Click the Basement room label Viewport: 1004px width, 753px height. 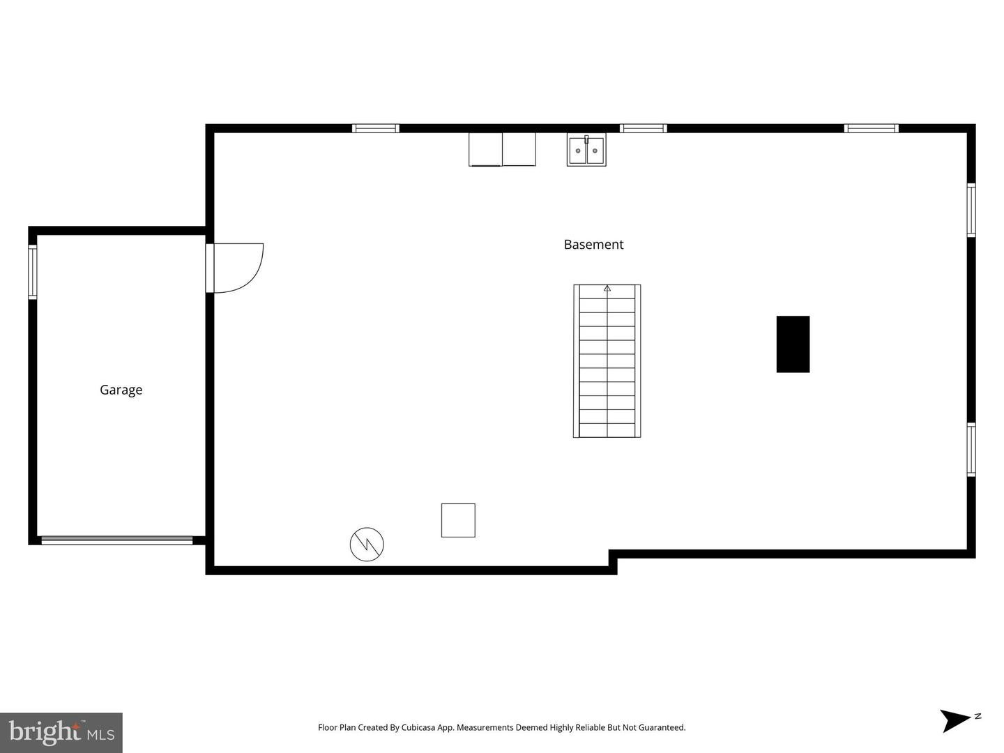[x=593, y=245]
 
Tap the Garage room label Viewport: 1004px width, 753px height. [x=121, y=390]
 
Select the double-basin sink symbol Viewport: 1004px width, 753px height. [x=586, y=149]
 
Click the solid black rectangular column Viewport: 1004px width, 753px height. [x=793, y=344]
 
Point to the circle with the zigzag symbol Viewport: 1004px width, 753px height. [x=366, y=544]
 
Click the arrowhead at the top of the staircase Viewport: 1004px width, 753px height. [x=607, y=288]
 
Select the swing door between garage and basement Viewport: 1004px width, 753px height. [x=234, y=268]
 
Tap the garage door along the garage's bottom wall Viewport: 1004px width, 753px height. [x=117, y=540]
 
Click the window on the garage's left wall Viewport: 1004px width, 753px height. [x=33, y=272]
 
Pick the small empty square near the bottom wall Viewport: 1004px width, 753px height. [x=458, y=520]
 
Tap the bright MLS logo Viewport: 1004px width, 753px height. [x=61, y=732]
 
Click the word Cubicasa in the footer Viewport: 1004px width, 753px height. [x=418, y=727]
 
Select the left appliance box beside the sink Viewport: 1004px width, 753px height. [x=485, y=149]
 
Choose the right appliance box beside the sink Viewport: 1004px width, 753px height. [x=519, y=149]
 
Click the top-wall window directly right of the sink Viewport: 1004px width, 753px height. [x=643, y=128]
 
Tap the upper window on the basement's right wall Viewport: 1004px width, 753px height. [x=971, y=211]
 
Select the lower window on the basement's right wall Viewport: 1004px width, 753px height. [x=971, y=450]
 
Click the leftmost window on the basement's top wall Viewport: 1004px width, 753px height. [x=376, y=128]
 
